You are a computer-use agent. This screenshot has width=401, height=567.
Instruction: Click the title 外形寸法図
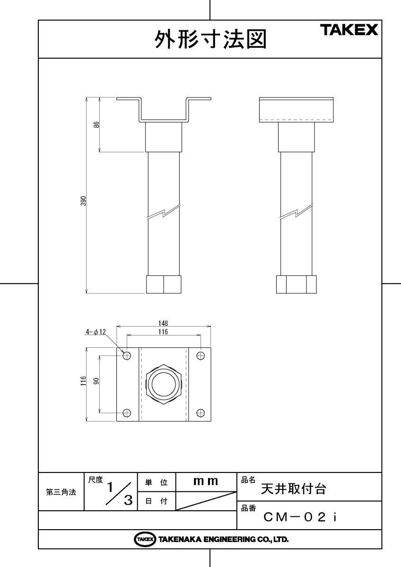pyautogui.click(x=210, y=40)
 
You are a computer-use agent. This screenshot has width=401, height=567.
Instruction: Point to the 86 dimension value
pyautogui.click(x=96, y=125)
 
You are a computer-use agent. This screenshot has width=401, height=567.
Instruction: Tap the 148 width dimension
pyautogui.click(x=163, y=324)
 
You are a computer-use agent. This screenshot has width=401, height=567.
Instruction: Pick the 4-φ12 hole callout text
pyautogui.click(x=96, y=332)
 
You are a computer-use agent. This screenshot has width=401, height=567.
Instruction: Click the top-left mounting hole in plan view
pyautogui.click(x=127, y=355)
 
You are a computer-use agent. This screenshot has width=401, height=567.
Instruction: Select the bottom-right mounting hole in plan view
pyautogui.click(x=200, y=413)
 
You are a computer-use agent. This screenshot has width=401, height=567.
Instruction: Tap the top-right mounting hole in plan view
pyautogui.click(x=200, y=355)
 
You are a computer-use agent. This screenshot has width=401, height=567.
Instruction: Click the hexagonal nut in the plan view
pyautogui.click(x=164, y=384)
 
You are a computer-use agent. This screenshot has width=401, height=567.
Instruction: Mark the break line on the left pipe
pyautogui.click(x=164, y=213)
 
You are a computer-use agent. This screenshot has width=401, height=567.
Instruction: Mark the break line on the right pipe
pyautogui.click(x=296, y=213)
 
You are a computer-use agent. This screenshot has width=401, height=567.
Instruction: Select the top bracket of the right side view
pyautogui.click(x=296, y=110)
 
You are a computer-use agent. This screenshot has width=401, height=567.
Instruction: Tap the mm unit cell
pyautogui.click(x=206, y=482)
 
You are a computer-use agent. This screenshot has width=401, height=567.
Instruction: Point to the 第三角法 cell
pyautogui.click(x=61, y=492)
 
